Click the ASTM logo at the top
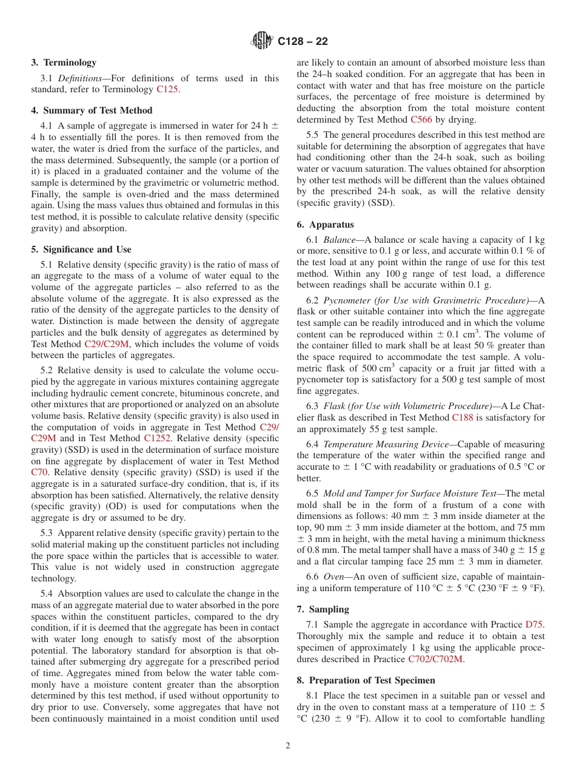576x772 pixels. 262,41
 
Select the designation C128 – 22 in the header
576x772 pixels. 303,41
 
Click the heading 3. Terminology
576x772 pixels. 64,63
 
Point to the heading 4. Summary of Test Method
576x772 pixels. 92,110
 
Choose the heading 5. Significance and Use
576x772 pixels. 81,249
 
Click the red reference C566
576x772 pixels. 421,120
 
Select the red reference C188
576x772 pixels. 463,418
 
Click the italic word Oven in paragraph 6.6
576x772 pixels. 333,577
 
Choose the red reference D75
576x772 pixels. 535,625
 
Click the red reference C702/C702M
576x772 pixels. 435,659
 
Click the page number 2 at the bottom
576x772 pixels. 288,746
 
